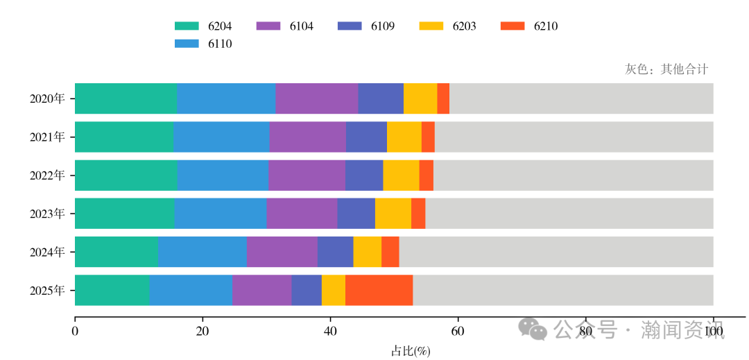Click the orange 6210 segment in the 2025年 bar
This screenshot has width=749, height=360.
pyautogui.click(x=379, y=290)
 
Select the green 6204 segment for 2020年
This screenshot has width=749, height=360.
pyautogui.click(x=126, y=98)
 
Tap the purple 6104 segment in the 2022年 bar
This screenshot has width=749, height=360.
pyautogui.click(x=307, y=175)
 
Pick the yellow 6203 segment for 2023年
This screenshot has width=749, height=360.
pyautogui.click(x=393, y=213)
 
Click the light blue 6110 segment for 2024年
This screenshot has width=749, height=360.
pyautogui.click(x=202, y=251)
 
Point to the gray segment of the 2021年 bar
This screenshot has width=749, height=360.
pyautogui.click(x=574, y=137)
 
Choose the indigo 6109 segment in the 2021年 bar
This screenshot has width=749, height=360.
pyautogui.click(x=366, y=137)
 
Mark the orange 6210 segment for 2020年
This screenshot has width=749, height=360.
pyautogui.click(x=443, y=98)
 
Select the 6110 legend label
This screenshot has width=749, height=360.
pyautogui.click(x=219, y=44)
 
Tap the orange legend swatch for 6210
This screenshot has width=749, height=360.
pyautogui.click(x=512, y=26)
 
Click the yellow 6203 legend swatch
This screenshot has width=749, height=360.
pyautogui.click(x=431, y=26)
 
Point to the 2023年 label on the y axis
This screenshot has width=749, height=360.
pyautogui.click(x=47, y=214)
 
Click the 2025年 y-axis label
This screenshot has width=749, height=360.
pyautogui.click(x=47, y=290)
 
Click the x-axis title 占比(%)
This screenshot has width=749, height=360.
pyautogui.click(x=411, y=351)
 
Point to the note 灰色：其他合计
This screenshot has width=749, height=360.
pyautogui.click(x=666, y=69)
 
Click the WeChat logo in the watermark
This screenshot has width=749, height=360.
pyautogui.click(x=534, y=328)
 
